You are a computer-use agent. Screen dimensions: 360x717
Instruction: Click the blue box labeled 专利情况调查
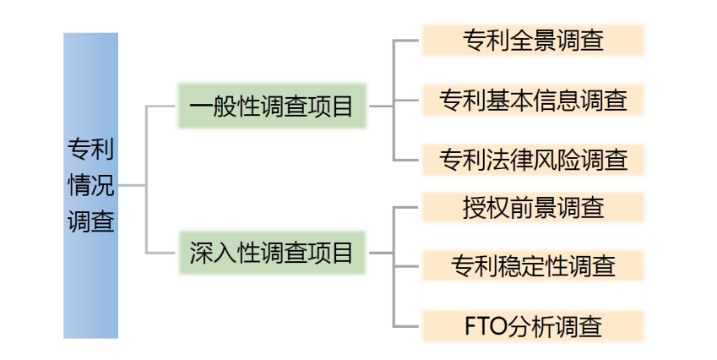[90, 185]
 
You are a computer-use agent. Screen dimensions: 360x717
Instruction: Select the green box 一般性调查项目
[271, 106]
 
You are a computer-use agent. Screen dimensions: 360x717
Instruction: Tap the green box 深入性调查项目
[271, 252]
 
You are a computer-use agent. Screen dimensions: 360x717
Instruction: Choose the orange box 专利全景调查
[532, 40]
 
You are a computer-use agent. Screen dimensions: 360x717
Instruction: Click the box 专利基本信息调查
[532, 100]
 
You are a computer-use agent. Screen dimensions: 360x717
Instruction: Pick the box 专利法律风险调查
[532, 158]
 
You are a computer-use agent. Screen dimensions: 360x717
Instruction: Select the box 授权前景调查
[532, 206]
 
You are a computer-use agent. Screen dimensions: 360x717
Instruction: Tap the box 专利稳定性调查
[532, 265]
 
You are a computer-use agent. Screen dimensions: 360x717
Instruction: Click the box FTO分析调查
[532, 325]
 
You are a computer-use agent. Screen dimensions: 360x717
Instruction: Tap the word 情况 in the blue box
[90, 185]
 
